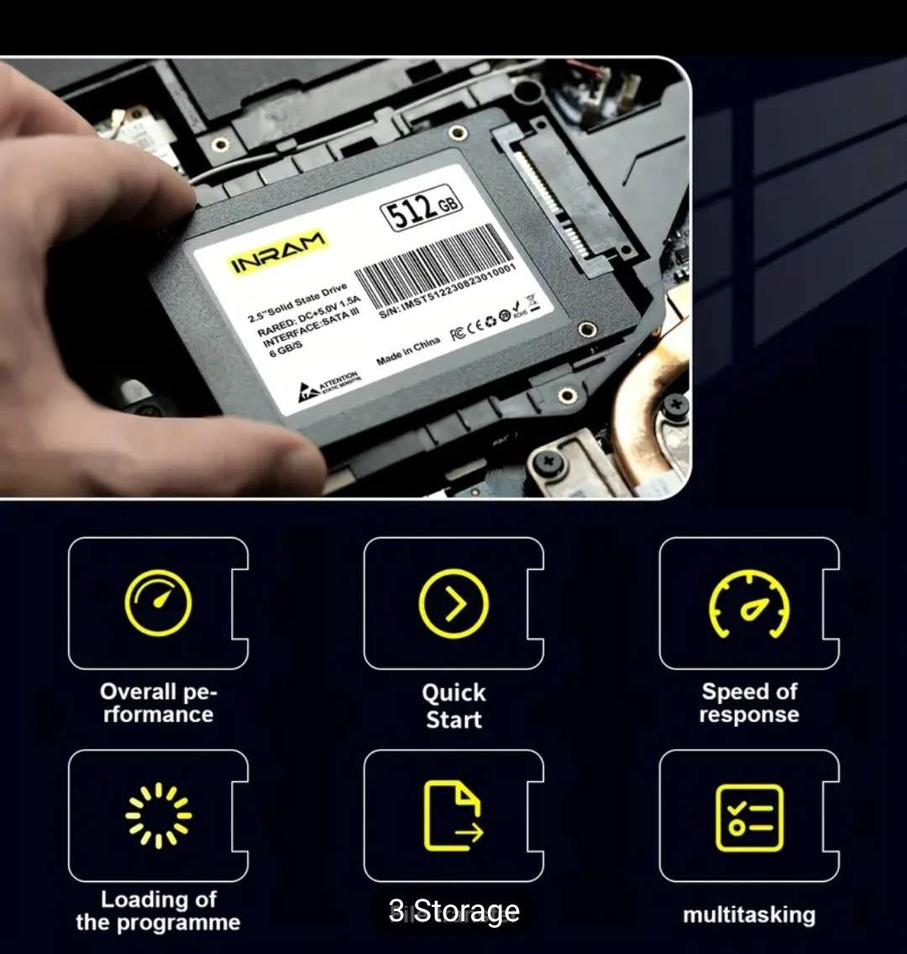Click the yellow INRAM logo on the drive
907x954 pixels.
coord(277,253)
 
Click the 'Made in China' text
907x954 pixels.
coord(408,350)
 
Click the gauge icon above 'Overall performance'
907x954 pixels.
coord(158,603)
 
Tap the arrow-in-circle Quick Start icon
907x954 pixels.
coord(453,603)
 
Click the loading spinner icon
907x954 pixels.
coord(158,815)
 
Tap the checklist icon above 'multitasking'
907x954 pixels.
coord(749,817)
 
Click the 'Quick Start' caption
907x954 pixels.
coord(453,705)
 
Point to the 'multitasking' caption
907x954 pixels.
coord(749,915)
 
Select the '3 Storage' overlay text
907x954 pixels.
coord(454,911)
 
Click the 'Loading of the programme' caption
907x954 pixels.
coord(158,910)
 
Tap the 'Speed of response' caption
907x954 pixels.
coord(749,703)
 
